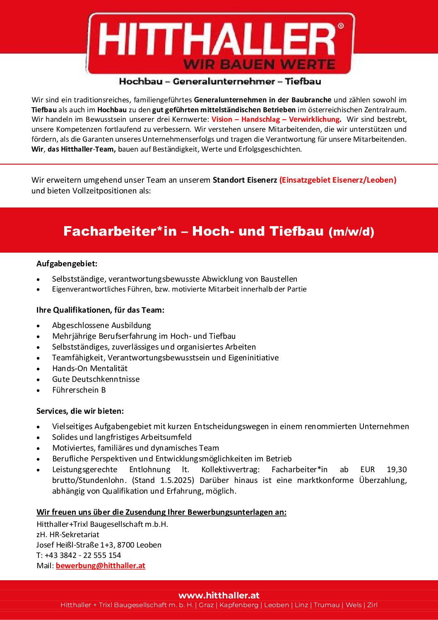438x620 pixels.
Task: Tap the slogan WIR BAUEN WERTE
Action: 260,65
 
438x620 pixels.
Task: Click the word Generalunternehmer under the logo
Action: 224,82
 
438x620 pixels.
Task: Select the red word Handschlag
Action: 260,119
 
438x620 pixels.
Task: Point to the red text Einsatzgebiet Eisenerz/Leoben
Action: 338,180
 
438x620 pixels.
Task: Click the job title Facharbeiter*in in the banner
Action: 120,231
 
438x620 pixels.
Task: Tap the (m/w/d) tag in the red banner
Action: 351,232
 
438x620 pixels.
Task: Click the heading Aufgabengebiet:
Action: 67,263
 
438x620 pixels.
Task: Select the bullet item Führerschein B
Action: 79,390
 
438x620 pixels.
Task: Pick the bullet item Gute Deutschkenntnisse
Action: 96,379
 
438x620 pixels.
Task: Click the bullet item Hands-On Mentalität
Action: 90,368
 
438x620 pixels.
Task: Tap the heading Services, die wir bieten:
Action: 80,411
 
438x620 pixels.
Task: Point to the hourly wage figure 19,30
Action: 397,469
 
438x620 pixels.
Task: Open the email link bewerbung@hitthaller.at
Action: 101,565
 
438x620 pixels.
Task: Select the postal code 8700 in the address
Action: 125,545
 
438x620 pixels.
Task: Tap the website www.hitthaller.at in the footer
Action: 219,595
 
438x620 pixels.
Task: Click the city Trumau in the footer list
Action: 327,605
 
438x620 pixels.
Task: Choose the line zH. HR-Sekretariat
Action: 68,534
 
